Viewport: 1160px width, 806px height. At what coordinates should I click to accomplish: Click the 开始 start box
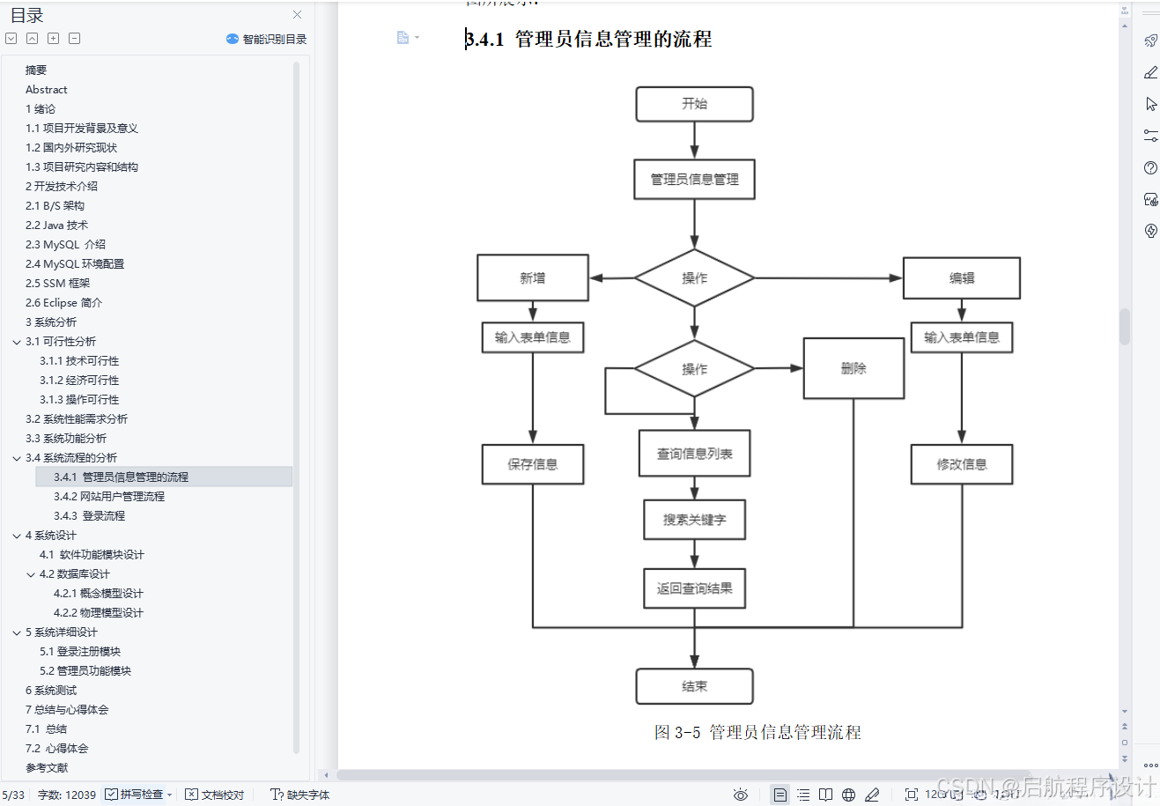[694, 104]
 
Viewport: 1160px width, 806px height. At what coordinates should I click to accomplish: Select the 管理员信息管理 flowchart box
[694, 180]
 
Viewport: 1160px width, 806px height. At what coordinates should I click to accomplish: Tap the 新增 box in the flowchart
[532, 278]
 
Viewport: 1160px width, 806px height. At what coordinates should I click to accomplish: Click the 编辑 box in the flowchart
[961, 278]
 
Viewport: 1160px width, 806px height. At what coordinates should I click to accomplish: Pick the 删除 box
[853, 368]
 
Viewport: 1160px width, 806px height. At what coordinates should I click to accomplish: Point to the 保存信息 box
[532, 464]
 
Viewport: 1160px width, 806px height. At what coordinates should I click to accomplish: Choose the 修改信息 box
[961, 464]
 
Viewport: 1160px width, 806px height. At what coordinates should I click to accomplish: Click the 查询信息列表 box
[694, 454]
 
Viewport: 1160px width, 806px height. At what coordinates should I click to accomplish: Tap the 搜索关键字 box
[694, 520]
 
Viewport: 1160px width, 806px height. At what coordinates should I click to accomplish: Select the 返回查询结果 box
[694, 588]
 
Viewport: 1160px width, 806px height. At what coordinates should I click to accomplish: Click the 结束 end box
[694, 686]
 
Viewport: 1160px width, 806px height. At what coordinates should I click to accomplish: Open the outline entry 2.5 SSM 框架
[58, 284]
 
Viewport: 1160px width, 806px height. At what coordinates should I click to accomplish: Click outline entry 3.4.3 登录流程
[89, 516]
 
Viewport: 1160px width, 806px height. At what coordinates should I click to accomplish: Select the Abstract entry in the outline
[47, 90]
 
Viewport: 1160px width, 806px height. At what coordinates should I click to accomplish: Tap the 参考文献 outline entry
[47, 768]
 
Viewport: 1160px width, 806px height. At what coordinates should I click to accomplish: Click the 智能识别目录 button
[267, 39]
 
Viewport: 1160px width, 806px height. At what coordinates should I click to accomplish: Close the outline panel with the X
[297, 15]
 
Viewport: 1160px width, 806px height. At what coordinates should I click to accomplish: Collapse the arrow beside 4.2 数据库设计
[31, 574]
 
